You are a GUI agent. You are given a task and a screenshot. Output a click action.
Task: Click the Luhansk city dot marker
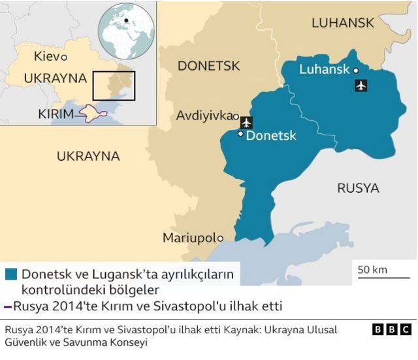tap(356, 71)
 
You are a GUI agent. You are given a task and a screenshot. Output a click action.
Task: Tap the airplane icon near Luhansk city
tap(361, 85)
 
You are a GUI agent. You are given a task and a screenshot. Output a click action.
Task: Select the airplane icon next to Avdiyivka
tap(246, 122)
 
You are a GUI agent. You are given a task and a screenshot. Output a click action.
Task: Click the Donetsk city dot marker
tap(240, 134)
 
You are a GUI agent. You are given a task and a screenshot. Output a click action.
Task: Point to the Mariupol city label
tap(189, 238)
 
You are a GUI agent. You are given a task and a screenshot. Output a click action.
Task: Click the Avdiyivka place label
tap(203, 116)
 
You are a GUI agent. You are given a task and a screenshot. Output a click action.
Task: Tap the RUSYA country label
tap(358, 188)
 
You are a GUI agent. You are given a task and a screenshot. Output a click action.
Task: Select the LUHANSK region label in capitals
tap(343, 23)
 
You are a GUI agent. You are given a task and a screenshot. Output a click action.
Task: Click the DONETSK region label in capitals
tap(208, 66)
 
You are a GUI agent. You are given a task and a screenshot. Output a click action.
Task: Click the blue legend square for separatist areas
tap(10, 274)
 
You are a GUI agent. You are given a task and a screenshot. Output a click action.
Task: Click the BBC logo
tap(392, 330)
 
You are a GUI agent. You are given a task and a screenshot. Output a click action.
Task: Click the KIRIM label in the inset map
tap(56, 114)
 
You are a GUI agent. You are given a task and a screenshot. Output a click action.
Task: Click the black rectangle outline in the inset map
tap(114, 86)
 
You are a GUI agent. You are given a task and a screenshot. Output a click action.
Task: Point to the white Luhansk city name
tap(325, 69)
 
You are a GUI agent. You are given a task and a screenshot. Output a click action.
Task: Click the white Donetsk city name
tap(271, 136)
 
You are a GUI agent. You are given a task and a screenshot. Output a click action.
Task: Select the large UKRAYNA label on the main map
tap(88, 156)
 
